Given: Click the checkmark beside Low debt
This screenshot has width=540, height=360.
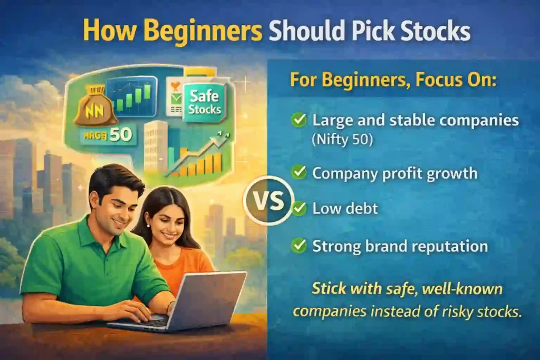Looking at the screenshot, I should coord(300,208).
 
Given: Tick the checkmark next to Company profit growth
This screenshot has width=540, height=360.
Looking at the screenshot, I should coord(300,173).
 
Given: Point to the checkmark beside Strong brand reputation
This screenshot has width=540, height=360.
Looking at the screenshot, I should coord(300,245).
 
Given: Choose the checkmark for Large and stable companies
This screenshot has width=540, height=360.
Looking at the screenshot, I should coord(300,121).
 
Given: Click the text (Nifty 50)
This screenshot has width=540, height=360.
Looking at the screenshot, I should coord(341,141).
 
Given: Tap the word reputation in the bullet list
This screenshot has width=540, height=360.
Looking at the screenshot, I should coord(448,246).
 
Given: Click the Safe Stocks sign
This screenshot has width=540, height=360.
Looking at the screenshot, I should coord(203,102).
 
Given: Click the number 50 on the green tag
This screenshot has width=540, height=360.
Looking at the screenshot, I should coord(121,134).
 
